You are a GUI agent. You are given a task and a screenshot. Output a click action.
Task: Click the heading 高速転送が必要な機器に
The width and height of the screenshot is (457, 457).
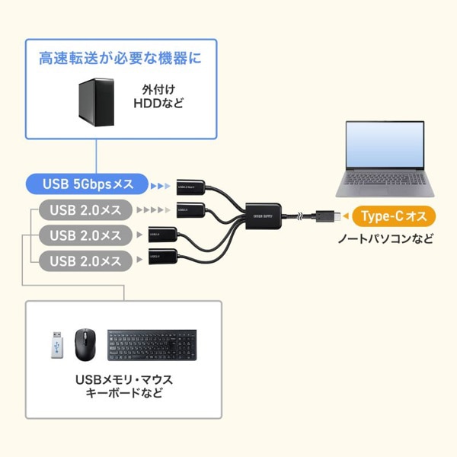point(120,58)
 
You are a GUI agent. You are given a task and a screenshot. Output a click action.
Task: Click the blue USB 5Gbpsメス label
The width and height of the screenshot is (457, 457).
point(88,184)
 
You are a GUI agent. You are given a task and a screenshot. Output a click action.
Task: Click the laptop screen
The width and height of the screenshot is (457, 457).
point(385,145)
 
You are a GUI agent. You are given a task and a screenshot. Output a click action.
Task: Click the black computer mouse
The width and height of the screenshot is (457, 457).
point(85,345)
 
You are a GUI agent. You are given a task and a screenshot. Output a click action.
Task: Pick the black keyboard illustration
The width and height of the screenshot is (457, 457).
point(152,345)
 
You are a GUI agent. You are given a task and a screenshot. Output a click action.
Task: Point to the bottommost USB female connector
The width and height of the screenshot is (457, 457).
point(164,258)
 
